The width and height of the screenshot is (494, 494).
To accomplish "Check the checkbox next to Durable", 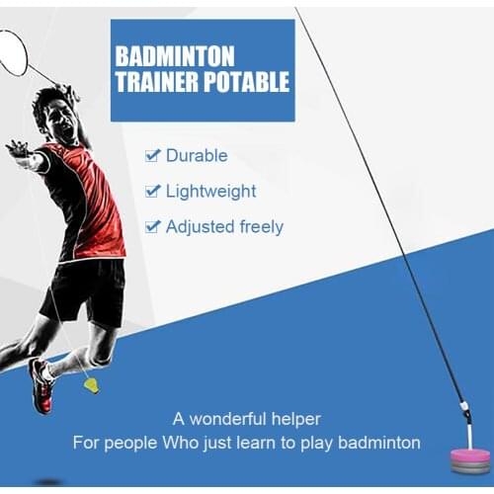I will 152,155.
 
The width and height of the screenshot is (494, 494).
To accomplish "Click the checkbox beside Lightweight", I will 152,191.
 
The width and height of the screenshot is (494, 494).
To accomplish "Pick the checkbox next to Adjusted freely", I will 152,226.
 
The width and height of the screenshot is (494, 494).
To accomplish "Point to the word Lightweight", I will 210,191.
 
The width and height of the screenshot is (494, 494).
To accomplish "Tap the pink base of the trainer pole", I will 471,455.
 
